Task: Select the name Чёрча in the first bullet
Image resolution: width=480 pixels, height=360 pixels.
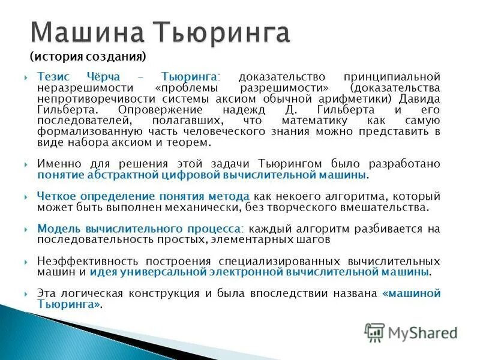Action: pos(106,77)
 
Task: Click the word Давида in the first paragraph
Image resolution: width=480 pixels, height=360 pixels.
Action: pos(420,98)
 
